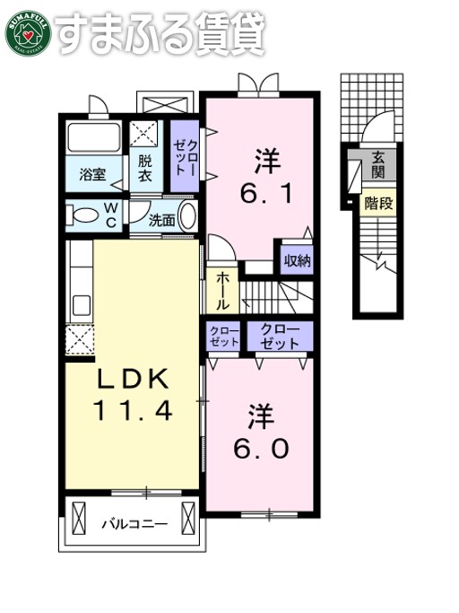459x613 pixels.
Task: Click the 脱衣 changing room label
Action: coord(144,168)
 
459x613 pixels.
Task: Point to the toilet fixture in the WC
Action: coord(86,215)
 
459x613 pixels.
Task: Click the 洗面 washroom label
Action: coord(161,218)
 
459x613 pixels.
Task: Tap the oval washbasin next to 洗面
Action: coord(187,217)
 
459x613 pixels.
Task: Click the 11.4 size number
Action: coord(133,411)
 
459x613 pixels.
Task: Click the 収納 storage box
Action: coord(297,262)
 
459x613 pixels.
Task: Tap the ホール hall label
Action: coord(221,291)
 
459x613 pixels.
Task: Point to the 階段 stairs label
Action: coord(378,204)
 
